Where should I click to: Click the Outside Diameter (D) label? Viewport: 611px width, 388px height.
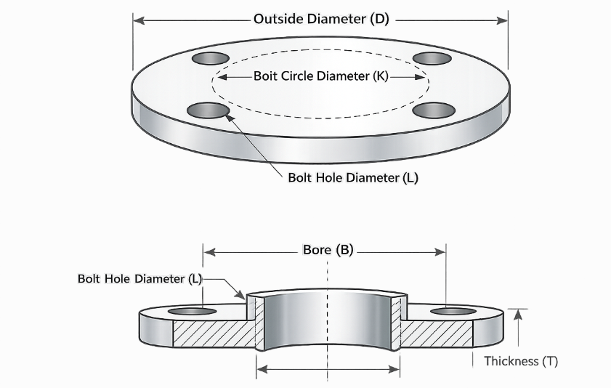321,19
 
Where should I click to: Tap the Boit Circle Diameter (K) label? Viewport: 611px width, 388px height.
321,76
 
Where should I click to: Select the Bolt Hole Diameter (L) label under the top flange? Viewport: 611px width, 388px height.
353,178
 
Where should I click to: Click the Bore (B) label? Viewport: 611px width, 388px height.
328,250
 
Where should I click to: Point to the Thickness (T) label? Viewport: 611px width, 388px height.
521,362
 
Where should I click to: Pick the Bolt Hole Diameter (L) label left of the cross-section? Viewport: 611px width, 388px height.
140,279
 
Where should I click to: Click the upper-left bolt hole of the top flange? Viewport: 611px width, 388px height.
211,58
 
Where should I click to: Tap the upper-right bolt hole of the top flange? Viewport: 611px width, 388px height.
432,58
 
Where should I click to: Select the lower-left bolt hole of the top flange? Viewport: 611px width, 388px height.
209,110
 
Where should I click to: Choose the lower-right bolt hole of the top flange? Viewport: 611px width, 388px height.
434,110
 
